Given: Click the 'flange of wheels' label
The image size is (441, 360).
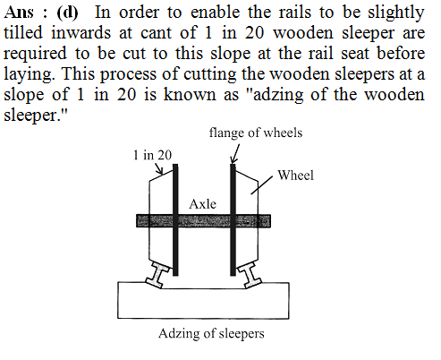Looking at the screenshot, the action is pos(256,133).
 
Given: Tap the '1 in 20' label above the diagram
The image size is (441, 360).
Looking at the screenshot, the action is pos(152,155).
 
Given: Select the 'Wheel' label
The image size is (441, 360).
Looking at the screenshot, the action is pos(295,176).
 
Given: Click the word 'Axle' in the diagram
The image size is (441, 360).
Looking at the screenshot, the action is pos(202,204).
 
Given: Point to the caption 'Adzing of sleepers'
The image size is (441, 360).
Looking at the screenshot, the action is pos(211,334).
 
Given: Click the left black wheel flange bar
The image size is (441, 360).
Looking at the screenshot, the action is pos(175,219).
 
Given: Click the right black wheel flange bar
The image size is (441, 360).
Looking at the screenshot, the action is pos(233,219).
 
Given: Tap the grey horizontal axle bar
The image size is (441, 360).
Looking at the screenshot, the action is pos(203,221).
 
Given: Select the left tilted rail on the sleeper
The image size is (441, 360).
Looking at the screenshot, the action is pos(157,275).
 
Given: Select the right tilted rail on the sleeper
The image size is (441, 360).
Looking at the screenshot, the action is pos(250,275).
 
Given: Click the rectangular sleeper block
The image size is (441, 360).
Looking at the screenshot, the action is pos(203,300).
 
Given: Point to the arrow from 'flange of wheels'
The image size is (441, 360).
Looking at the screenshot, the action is pos(235,154).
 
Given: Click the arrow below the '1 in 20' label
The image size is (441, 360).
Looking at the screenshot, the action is pos(159,168).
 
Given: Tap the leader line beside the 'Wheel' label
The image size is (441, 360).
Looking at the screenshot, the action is pos(261,185).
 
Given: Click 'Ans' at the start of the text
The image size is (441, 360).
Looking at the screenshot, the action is pos(19,13).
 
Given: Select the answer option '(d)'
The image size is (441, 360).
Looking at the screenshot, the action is pos(67,13).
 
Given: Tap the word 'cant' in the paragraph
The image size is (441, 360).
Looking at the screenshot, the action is pos(156,33).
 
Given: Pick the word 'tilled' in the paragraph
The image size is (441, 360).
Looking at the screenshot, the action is pos(23,32).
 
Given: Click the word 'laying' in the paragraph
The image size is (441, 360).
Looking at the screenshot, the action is pos(29,74).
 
